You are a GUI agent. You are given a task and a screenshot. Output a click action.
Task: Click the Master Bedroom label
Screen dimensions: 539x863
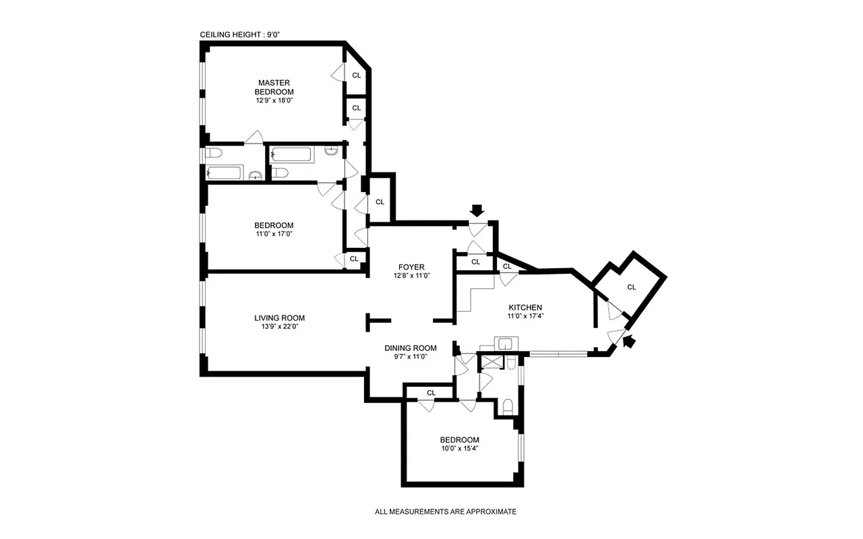pyautogui.click(x=274, y=87)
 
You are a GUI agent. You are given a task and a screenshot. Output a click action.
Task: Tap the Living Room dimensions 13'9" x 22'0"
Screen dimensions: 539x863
pyautogui.click(x=279, y=327)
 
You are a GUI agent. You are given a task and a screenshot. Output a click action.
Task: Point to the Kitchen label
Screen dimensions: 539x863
pyautogui.click(x=525, y=307)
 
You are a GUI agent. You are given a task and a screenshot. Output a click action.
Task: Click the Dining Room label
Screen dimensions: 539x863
pyautogui.click(x=411, y=348)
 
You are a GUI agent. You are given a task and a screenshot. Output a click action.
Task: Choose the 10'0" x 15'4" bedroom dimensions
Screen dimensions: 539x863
pyautogui.click(x=460, y=448)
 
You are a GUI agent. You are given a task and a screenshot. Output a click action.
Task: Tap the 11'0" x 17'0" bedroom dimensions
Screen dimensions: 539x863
pyautogui.click(x=274, y=234)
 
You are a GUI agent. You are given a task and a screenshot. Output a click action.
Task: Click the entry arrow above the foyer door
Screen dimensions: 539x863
pyautogui.click(x=477, y=211)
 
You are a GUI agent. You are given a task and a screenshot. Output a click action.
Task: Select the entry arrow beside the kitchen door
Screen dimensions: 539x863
pyautogui.click(x=628, y=342)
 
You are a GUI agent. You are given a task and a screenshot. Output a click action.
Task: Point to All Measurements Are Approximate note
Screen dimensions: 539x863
pyautogui.click(x=445, y=511)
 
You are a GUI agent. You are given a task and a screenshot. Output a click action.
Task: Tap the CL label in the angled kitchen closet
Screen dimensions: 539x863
pyautogui.click(x=631, y=287)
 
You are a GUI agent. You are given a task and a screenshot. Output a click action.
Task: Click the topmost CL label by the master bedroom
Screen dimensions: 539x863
pyautogui.click(x=356, y=75)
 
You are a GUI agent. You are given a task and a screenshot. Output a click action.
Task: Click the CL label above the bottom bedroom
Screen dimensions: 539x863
pyautogui.click(x=431, y=392)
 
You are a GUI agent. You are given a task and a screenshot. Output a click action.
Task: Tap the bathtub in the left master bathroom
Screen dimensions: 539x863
pyautogui.click(x=223, y=172)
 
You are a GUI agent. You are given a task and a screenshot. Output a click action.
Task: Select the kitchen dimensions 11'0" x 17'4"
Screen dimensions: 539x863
pyautogui.click(x=525, y=316)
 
